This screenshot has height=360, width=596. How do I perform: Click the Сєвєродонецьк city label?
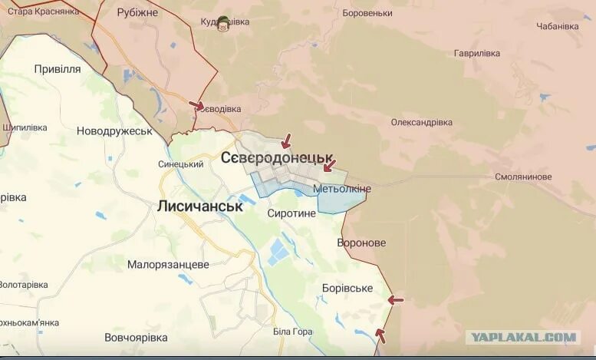(277, 157)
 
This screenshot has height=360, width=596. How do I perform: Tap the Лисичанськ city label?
(199, 206)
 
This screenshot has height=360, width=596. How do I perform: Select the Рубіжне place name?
(138, 13)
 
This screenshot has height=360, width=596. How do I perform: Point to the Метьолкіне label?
(342, 189)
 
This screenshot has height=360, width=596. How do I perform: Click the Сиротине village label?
(291, 213)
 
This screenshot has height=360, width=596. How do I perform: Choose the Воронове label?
(361, 243)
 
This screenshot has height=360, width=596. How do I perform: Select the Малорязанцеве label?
(168, 264)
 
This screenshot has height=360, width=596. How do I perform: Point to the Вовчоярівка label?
(136, 338)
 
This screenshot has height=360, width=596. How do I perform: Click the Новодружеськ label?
(115, 131)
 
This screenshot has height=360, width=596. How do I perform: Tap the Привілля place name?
(58, 69)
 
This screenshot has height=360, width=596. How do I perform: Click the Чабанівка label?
(558, 26)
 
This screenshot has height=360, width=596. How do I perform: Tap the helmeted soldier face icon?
(223, 23)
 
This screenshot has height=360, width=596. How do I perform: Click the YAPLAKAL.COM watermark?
(524, 337)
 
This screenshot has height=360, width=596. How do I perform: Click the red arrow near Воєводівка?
(196, 105)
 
